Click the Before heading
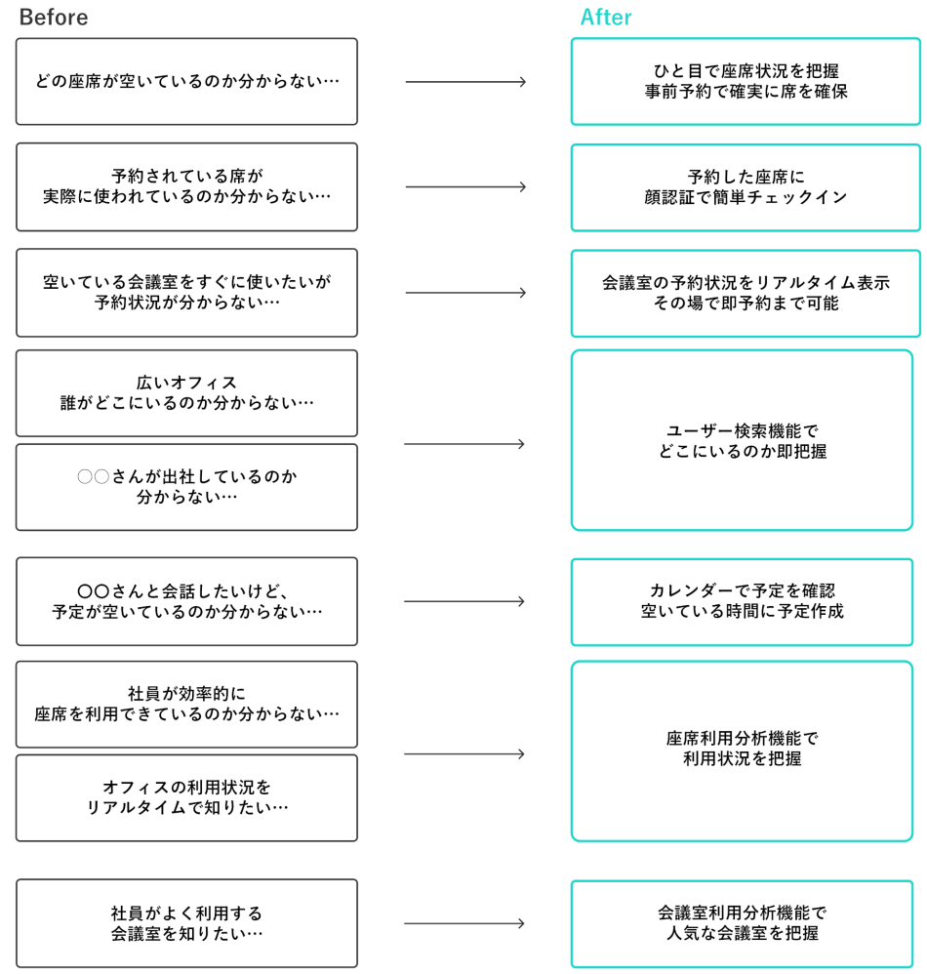[x=53, y=18]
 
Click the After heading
[x=606, y=18]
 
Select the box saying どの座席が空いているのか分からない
[x=186, y=82]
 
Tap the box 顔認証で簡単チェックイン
[x=746, y=187]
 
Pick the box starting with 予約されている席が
[x=186, y=187]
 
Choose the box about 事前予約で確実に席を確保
[x=746, y=82]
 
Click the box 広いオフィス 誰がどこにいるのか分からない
[x=186, y=393]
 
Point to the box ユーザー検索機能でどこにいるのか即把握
[x=742, y=440]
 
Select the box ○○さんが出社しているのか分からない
[x=186, y=487]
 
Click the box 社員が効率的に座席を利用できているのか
[x=186, y=705]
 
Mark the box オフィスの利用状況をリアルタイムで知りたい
[x=186, y=797]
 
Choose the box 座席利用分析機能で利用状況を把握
[x=742, y=751]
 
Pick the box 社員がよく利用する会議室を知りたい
[x=186, y=923]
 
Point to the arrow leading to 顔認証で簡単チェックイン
[x=465, y=187]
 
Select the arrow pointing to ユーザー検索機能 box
[x=464, y=444]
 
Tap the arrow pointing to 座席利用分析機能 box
[x=464, y=753]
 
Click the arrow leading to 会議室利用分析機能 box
[x=464, y=923]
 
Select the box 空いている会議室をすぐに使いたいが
[x=186, y=293]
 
